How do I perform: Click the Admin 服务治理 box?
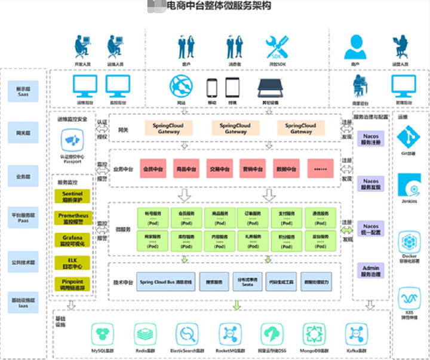(x=371, y=272)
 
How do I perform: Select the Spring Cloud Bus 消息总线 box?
(x=165, y=281)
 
